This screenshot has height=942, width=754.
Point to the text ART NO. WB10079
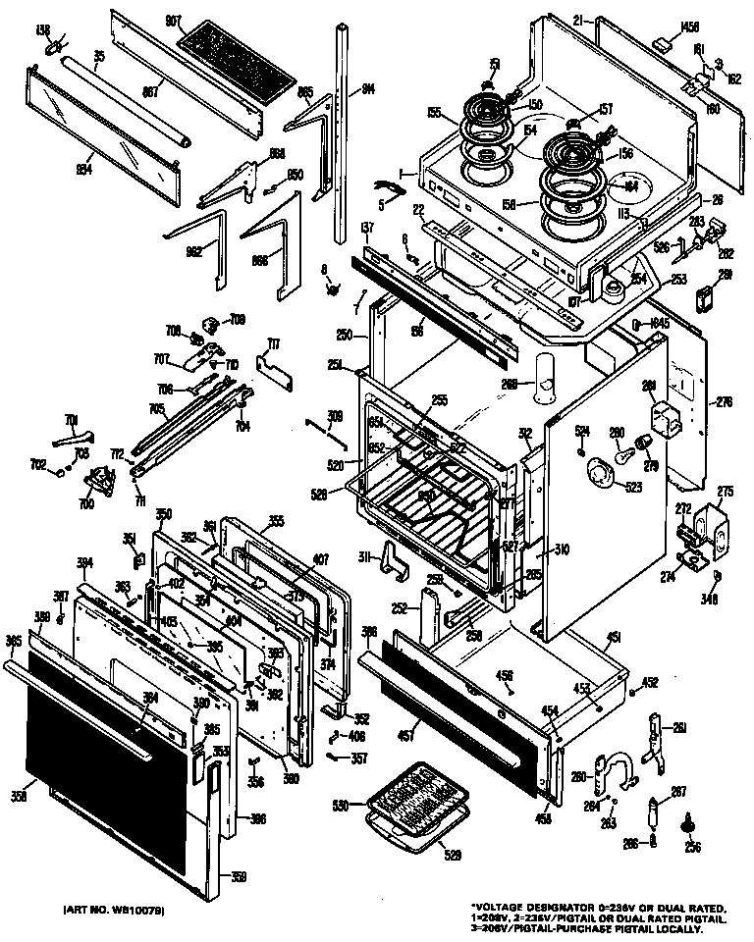tap(115, 911)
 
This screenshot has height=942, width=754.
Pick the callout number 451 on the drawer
tap(612, 639)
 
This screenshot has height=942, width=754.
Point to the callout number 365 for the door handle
tap(13, 640)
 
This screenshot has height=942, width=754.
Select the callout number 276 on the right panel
tap(725, 400)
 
